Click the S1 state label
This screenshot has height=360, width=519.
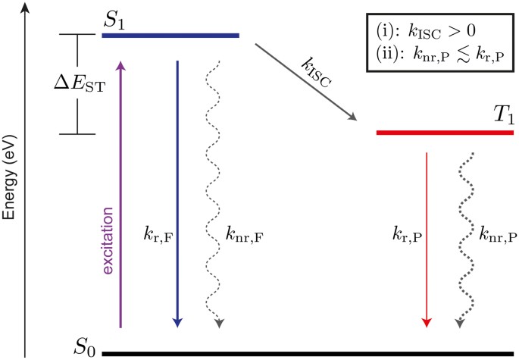(114, 22)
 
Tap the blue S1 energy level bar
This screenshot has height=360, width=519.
(170, 35)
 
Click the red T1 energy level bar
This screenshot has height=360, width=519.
(446, 133)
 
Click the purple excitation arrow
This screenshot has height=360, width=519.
(120, 197)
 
